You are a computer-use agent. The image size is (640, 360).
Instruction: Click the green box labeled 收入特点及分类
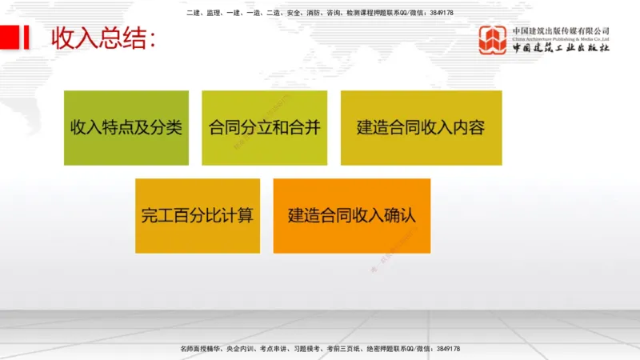(126, 128)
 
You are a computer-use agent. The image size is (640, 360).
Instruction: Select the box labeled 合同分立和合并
(264, 128)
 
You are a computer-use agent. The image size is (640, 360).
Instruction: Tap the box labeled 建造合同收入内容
(421, 128)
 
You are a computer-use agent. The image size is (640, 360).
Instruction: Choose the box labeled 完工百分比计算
(197, 215)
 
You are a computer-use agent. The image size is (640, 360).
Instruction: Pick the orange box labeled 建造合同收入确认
(352, 215)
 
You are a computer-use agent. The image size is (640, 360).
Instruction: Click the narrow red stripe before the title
(27, 38)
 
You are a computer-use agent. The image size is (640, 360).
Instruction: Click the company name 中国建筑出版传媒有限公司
(561, 30)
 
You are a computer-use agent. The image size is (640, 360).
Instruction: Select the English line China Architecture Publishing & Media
(561, 38)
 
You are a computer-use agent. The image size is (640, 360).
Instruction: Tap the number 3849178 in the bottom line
(443, 350)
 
